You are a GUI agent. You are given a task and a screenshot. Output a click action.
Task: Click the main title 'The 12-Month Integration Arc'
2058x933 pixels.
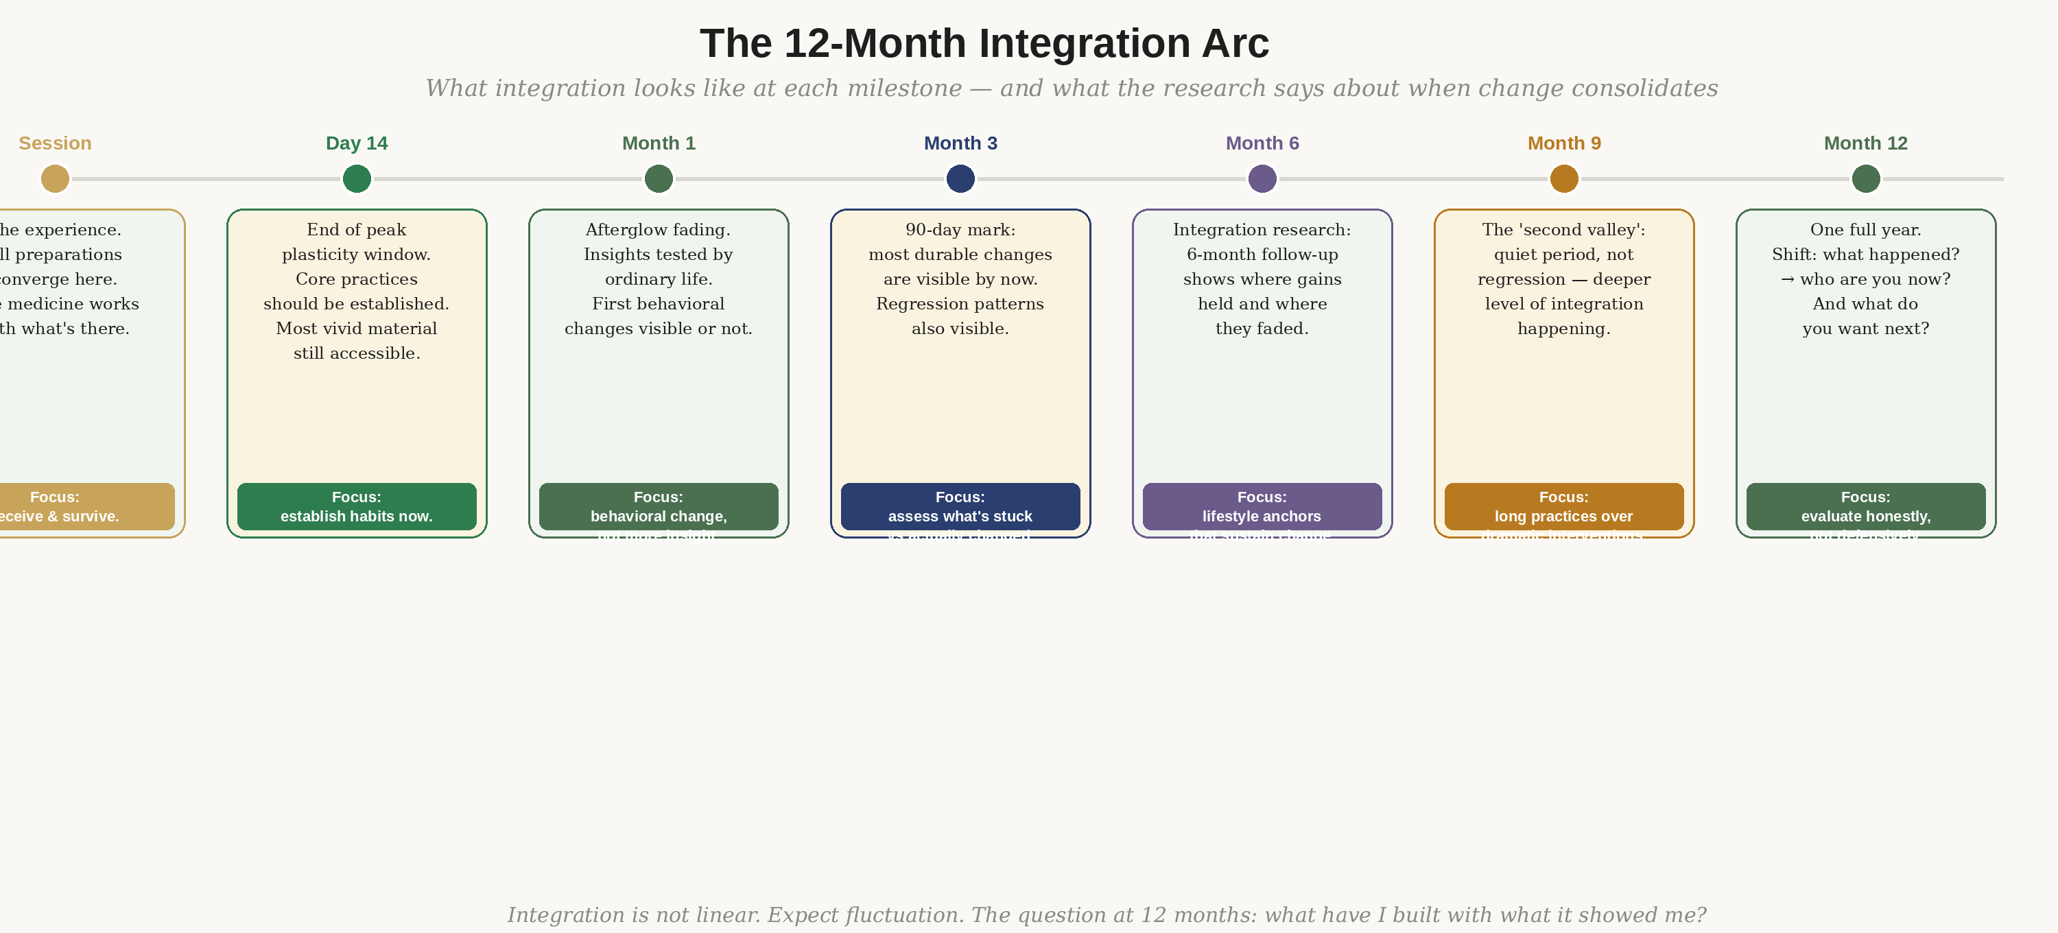[984, 43]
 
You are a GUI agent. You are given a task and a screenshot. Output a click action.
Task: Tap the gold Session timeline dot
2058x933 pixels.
[55, 179]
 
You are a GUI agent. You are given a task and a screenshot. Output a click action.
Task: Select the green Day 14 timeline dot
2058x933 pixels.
[356, 179]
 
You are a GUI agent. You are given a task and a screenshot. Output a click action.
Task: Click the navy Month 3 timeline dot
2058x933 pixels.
[960, 179]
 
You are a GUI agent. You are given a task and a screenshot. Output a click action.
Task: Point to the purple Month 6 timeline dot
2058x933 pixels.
[1262, 179]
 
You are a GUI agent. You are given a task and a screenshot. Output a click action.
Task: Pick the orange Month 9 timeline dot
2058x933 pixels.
[1564, 179]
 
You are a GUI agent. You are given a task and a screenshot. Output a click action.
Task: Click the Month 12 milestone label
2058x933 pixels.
[1865, 143]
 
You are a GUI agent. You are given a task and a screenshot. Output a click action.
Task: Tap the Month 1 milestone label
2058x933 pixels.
[659, 143]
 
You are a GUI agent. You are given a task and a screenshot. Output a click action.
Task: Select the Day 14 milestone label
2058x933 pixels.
[356, 143]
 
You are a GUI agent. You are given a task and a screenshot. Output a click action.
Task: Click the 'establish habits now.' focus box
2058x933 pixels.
[356, 506]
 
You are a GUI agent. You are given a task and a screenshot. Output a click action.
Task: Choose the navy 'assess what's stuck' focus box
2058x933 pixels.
[960, 506]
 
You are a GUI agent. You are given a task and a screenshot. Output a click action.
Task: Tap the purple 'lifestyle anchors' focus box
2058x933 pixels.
[1262, 506]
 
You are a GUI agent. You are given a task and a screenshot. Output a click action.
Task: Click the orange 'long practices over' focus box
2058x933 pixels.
[1564, 506]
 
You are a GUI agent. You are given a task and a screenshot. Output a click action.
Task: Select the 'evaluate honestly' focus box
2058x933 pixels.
[1865, 506]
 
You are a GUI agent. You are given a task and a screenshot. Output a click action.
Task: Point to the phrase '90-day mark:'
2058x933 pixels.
[960, 230]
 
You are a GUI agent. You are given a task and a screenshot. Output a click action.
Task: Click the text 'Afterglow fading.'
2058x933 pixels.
[659, 230]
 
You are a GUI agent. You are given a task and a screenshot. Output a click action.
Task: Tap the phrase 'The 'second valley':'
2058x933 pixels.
[1564, 230]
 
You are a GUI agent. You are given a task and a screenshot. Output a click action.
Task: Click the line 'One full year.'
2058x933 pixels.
[1865, 230]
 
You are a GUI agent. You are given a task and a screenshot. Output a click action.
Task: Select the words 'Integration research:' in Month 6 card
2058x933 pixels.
[1262, 230]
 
